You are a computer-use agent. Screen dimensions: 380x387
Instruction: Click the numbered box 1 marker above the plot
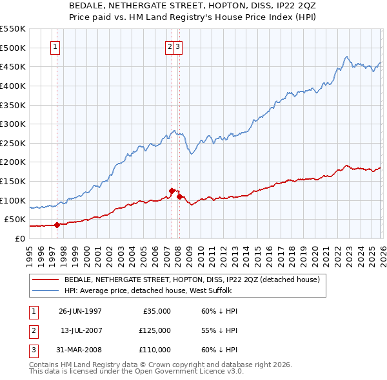[x=55, y=46]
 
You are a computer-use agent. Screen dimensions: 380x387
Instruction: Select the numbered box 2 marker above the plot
[x=170, y=46]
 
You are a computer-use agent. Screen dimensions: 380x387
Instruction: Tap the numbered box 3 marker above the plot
[x=178, y=46]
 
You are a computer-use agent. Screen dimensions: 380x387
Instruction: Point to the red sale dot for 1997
[x=57, y=225]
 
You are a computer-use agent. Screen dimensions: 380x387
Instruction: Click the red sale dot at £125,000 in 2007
[x=172, y=191]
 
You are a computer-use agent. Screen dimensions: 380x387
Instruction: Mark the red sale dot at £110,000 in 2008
[x=179, y=196]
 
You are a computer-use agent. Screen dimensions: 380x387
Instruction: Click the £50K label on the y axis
[x=15, y=220]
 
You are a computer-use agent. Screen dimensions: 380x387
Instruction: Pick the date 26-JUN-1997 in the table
[x=80, y=311]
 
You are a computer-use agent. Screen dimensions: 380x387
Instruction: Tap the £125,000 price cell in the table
[x=155, y=330]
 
